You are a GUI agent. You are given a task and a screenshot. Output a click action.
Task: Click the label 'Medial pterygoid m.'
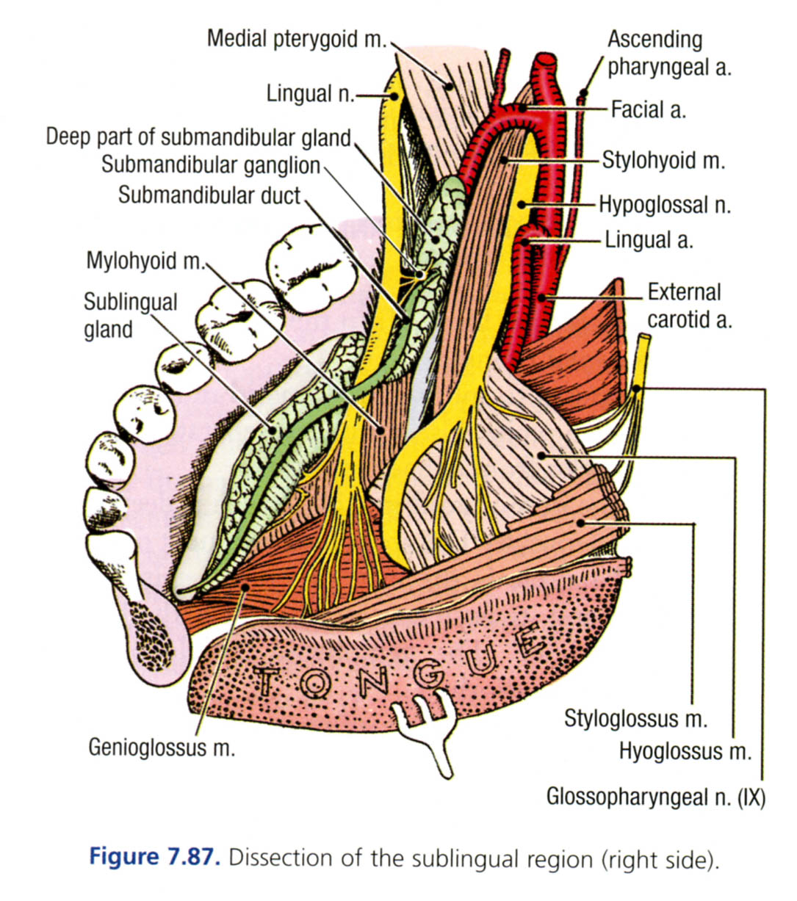[x=295, y=38]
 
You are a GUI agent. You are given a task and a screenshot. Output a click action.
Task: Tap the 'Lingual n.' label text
[x=310, y=93]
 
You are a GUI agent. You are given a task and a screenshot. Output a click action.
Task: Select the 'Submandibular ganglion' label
[x=211, y=165]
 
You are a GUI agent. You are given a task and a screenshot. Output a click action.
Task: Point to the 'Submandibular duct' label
[x=209, y=195]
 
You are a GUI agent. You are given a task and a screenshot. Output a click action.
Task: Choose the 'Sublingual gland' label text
[x=130, y=315]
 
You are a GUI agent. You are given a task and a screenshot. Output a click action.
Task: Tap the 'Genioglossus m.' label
[x=162, y=747]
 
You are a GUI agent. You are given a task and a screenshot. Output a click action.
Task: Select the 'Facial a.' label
[x=648, y=110]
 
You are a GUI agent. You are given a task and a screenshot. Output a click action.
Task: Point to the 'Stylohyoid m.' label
[x=663, y=160]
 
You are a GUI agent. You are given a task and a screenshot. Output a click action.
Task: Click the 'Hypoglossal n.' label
[x=665, y=204]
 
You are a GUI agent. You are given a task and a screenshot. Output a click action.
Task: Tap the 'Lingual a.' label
[x=649, y=240]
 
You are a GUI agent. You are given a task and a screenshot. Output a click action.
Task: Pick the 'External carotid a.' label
[x=688, y=305]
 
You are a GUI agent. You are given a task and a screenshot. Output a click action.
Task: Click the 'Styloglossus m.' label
[x=635, y=718]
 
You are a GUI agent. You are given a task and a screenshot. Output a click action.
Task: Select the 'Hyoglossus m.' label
[x=685, y=751]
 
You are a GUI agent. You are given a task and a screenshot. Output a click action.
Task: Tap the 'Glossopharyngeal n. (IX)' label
[x=655, y=797]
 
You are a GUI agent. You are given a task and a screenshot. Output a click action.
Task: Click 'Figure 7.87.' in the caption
[x=154, y=857]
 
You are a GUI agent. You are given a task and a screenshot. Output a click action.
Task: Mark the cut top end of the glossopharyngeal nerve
[x=644, y=341]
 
